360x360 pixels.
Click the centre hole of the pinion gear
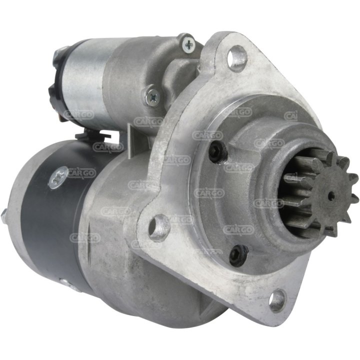(x=331, y=196)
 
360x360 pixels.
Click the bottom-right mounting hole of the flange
(x=277, y=299)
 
